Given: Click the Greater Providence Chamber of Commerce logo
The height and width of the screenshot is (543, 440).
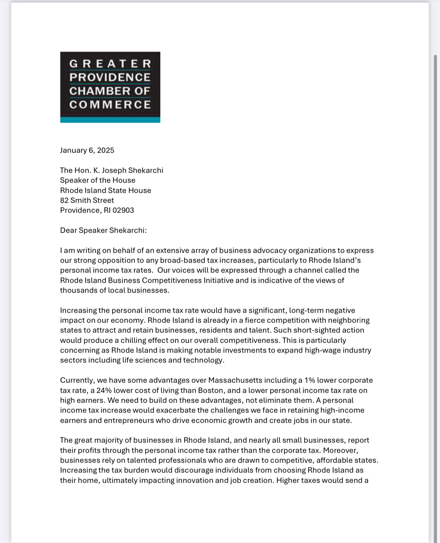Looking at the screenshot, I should pyautogui.click(x=110, y=87).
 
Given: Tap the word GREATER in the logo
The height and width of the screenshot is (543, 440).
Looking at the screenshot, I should pyautogui.click(x=110, y=64).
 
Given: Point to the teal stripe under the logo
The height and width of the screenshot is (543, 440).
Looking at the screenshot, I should pyautogui.click(x=110, y=120).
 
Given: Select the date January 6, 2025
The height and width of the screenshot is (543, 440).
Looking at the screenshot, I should pyautogui.click(x=87, y=150).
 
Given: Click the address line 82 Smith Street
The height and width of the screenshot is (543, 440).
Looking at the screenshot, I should pyautogui.click(x=87, y=200).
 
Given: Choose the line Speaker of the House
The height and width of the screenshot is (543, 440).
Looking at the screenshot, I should pyautogui.click(x=98, y=180).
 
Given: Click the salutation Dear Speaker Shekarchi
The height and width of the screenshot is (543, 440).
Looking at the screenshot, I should pyautogui.click(x=103, y=230).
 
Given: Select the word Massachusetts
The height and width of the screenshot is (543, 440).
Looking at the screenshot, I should pyautogui.click(x=235, y=380).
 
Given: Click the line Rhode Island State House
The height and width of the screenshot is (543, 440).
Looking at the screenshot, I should pyautogui.click(x=105, y=190).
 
